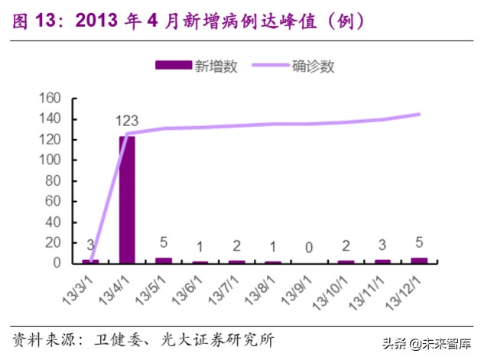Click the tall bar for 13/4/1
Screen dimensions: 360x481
(127, 199)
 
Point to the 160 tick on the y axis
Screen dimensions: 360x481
(49, 99)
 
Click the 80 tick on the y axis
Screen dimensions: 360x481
(52, 181)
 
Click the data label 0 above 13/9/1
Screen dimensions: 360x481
(309, 247)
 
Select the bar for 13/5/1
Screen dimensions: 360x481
(164, 260)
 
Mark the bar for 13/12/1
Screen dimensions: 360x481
(419, 260)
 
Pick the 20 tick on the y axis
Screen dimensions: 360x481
(52, 242)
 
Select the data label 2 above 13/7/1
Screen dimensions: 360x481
(236, 246)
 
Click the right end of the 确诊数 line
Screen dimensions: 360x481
(419, 115)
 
